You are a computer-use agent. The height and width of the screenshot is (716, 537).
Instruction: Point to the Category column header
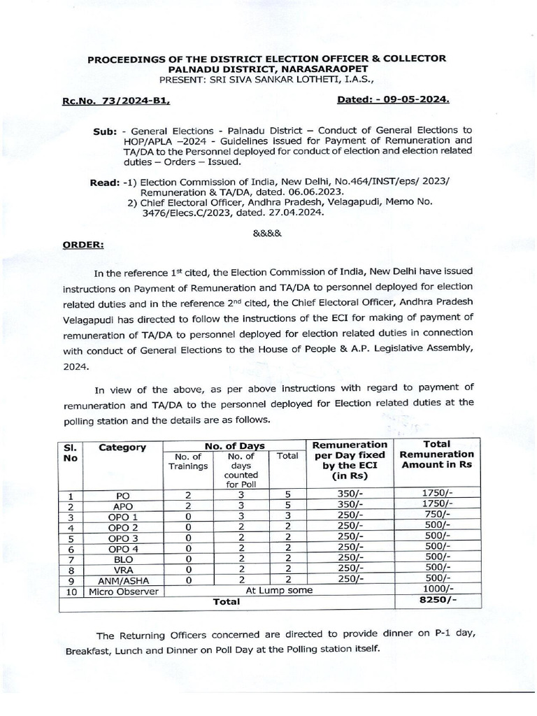[x=122, y=447]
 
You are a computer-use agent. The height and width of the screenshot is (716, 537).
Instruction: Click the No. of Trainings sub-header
[x=188, y=461]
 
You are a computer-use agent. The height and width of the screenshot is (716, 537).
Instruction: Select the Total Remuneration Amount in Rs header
[x=436, y=454]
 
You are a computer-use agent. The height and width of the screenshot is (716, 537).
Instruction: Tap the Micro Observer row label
[x=122, y=592]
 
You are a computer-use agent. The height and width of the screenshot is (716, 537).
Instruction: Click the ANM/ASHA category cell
[x=122, y=580]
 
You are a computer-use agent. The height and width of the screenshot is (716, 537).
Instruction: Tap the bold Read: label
[x=104, y=182]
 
